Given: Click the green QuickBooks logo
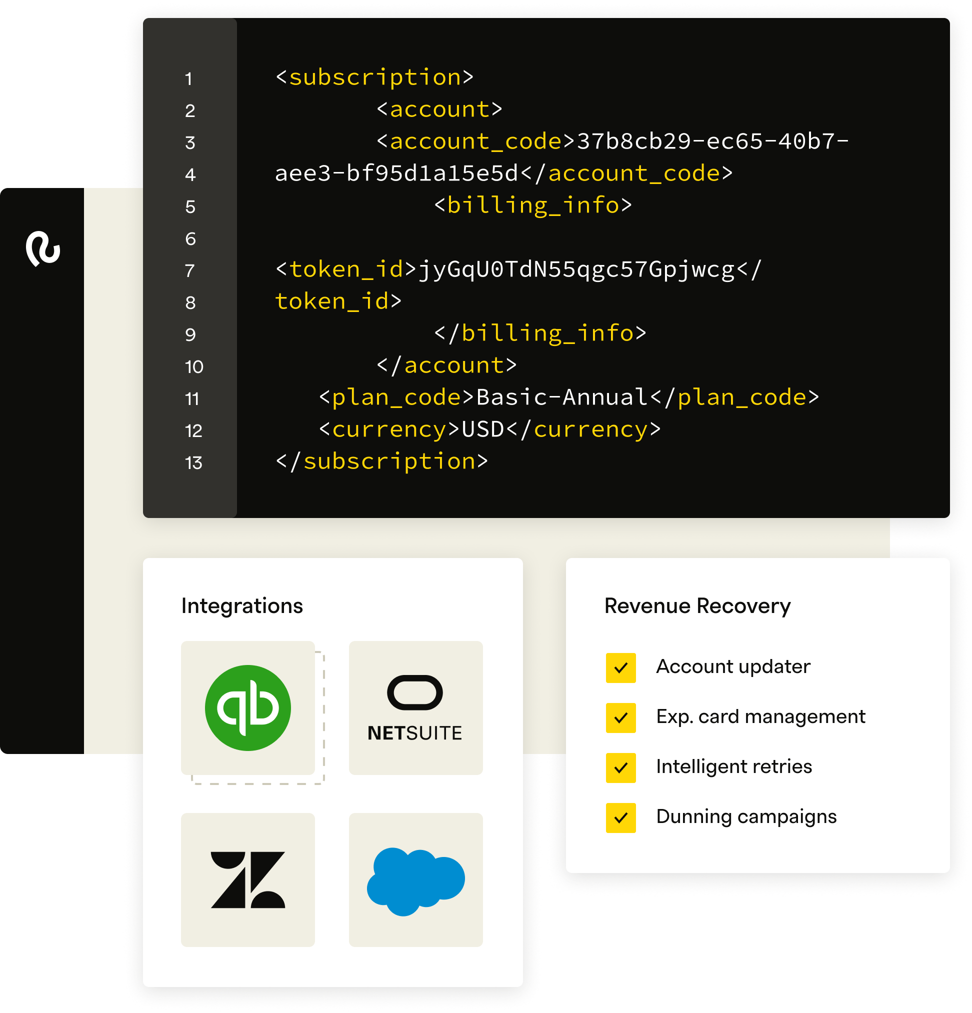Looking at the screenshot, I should coord(247,707).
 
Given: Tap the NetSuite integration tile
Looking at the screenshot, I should coord(415,707).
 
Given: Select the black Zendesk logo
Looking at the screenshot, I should coord(247,879).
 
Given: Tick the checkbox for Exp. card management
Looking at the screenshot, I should coord(620,718).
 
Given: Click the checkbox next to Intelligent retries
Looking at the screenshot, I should coord(620,768).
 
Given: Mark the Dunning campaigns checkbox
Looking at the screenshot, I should coord(620,817).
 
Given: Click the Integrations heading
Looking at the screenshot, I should coord(242,605).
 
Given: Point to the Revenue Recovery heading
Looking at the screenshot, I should coord(697,605).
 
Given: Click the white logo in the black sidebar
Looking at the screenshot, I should coord(43,248).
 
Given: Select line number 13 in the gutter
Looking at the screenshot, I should coord(193,463).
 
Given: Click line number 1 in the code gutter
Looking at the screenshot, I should coord(188,79).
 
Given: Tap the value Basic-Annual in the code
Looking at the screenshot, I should coord(561,397).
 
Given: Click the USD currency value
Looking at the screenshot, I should coord(482,429).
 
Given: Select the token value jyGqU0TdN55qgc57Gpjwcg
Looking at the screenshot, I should coord(575,270).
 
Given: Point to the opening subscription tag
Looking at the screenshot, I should coord(374,77).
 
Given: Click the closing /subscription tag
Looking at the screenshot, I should coord(381,461).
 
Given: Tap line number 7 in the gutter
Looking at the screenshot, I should coord(189,271).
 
